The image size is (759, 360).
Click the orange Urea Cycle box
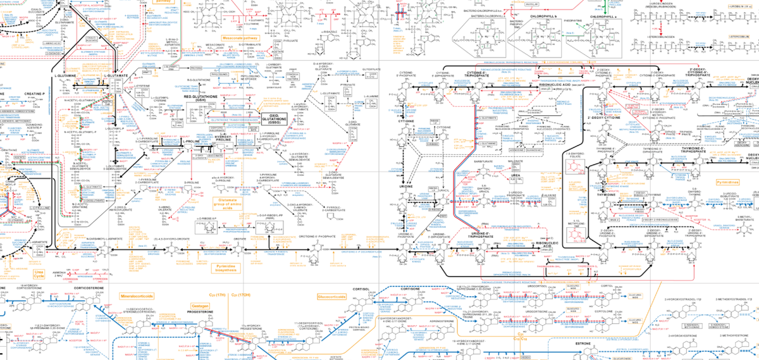[40, 273]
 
